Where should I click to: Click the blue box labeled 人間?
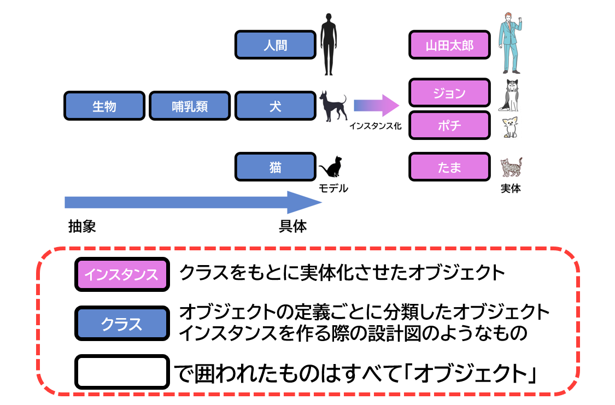pos(276,45)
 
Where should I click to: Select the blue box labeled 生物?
pos(104,105)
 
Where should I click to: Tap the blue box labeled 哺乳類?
pos(190,105)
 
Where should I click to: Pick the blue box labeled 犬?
pos(276,105)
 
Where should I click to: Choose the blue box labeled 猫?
pos(276,167)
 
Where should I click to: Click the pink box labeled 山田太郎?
pos(449,45)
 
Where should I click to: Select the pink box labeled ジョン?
pos(449,93)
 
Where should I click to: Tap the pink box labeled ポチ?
pos(449,126)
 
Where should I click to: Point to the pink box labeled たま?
pos(449,167)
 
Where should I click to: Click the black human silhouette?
pos(328,44)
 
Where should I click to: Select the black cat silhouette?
pos(331,166)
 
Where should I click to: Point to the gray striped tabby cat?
pos(512,167)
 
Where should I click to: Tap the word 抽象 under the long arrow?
pos(82,226)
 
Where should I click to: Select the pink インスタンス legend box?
pos(121,274)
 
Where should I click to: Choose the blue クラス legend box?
pos(121,324)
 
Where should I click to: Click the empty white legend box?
pos(121,372)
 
